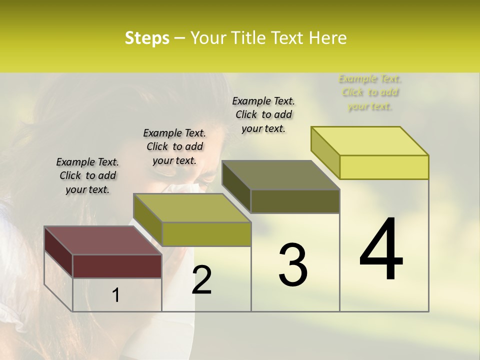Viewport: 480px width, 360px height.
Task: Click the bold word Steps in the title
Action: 147,38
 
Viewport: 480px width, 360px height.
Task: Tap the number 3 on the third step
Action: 292,265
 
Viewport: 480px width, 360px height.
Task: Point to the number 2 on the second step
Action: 201,280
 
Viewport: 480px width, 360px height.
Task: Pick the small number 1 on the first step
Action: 115,295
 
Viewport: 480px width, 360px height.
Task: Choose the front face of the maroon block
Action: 117,266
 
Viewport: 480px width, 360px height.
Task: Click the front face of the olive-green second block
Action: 206,234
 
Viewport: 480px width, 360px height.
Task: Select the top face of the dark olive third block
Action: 280,175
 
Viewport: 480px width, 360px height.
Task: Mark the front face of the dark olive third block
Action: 295,201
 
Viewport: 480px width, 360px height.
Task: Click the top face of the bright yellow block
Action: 369,140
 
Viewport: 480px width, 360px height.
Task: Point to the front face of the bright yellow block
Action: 384,167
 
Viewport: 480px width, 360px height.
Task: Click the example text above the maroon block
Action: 87,175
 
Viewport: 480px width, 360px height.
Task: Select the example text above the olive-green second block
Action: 174,146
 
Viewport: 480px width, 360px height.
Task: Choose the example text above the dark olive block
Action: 263,114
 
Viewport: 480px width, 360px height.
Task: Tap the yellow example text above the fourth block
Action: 370,92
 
